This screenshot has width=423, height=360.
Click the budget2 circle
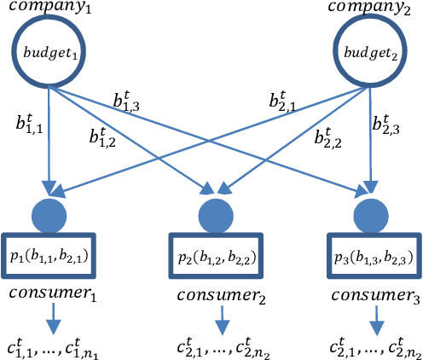coord(368,52)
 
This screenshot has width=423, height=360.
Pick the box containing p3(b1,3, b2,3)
coord(373,254)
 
